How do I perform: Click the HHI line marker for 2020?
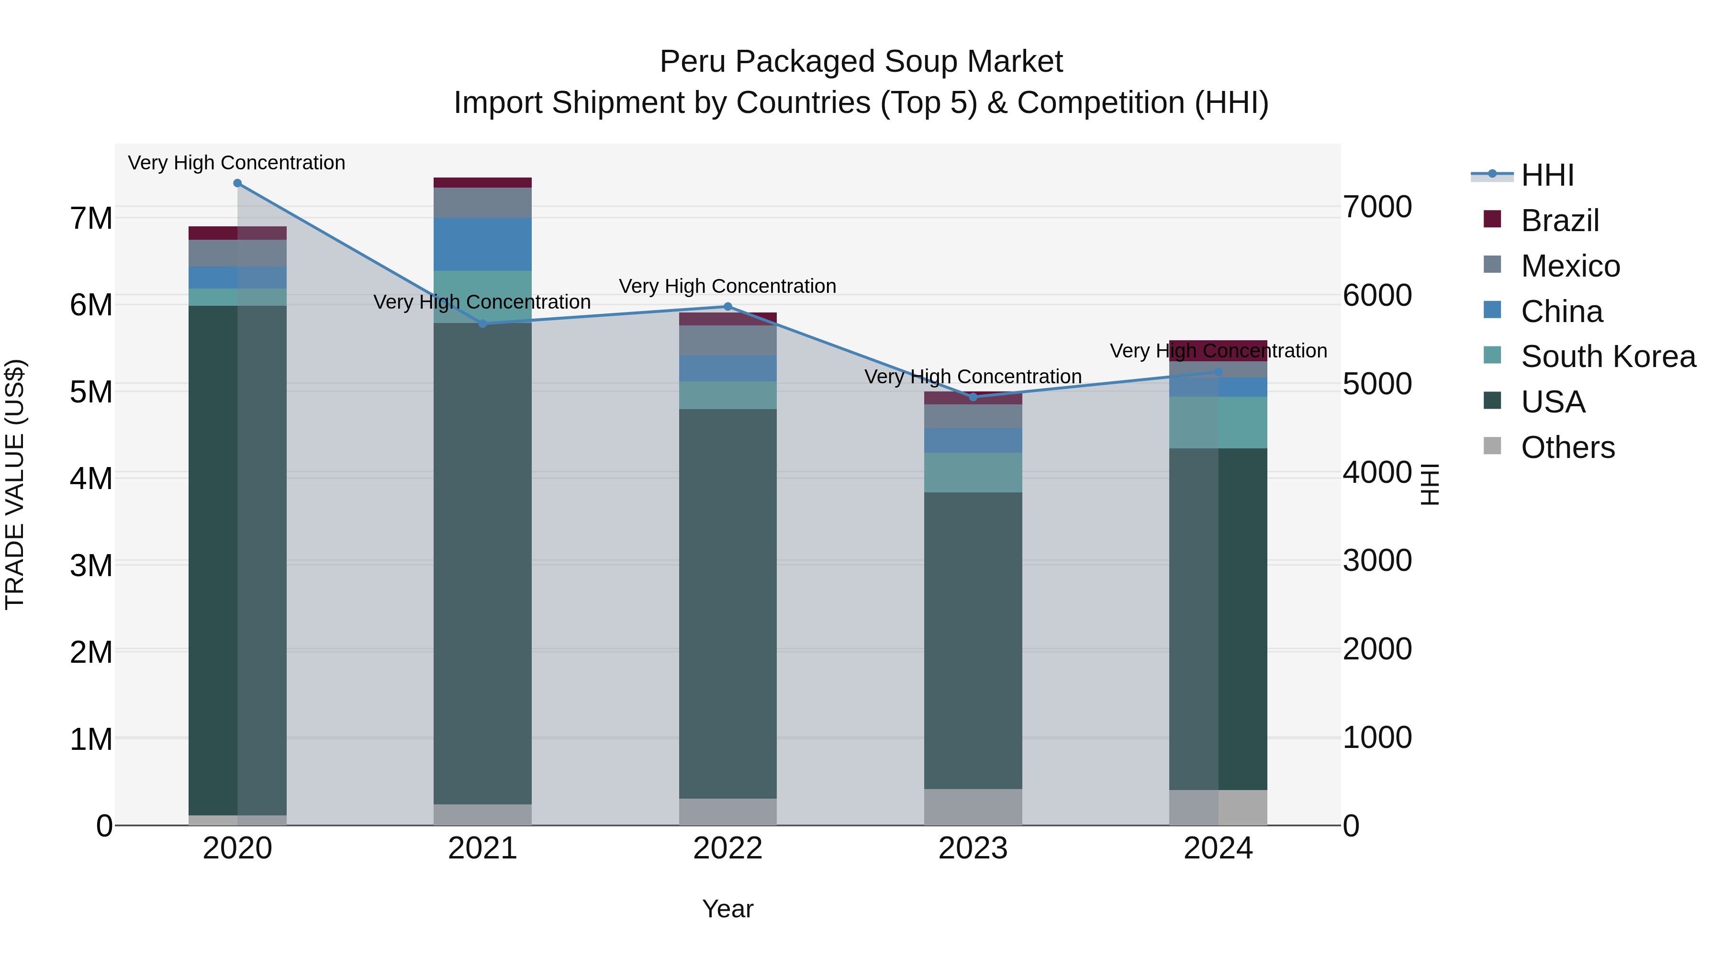[237, 183]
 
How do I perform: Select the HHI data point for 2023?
[973, 397]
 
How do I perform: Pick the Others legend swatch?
[1492, 446]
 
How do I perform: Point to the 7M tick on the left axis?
[91, 218]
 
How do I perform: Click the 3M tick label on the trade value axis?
[91, 566]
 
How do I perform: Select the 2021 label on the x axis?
[482, 848]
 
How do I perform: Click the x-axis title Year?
[727, 909]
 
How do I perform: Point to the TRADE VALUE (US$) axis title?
[15, 484]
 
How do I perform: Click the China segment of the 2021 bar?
[482, 244]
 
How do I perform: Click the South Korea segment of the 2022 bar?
[727, 395]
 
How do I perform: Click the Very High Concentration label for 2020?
[237, 163]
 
